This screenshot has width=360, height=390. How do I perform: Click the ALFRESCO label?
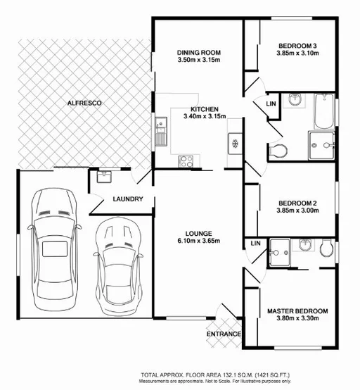click(x=84, y=103)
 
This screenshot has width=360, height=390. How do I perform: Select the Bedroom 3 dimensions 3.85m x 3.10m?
click(x=297, y=53)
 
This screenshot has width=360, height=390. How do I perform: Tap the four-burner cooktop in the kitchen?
click(x=187, y=161)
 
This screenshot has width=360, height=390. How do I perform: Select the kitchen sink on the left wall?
click(x=161, y=132)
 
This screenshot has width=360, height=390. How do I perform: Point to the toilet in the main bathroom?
click(x=278, y=150)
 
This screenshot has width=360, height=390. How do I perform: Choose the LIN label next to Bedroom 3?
click(x=270, y=104)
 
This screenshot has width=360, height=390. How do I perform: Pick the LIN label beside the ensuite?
click(x=255, y=244)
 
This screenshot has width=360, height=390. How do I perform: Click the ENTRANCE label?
click(x=224, y=334)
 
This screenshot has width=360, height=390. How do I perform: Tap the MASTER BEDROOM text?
click(x=297, y=311)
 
